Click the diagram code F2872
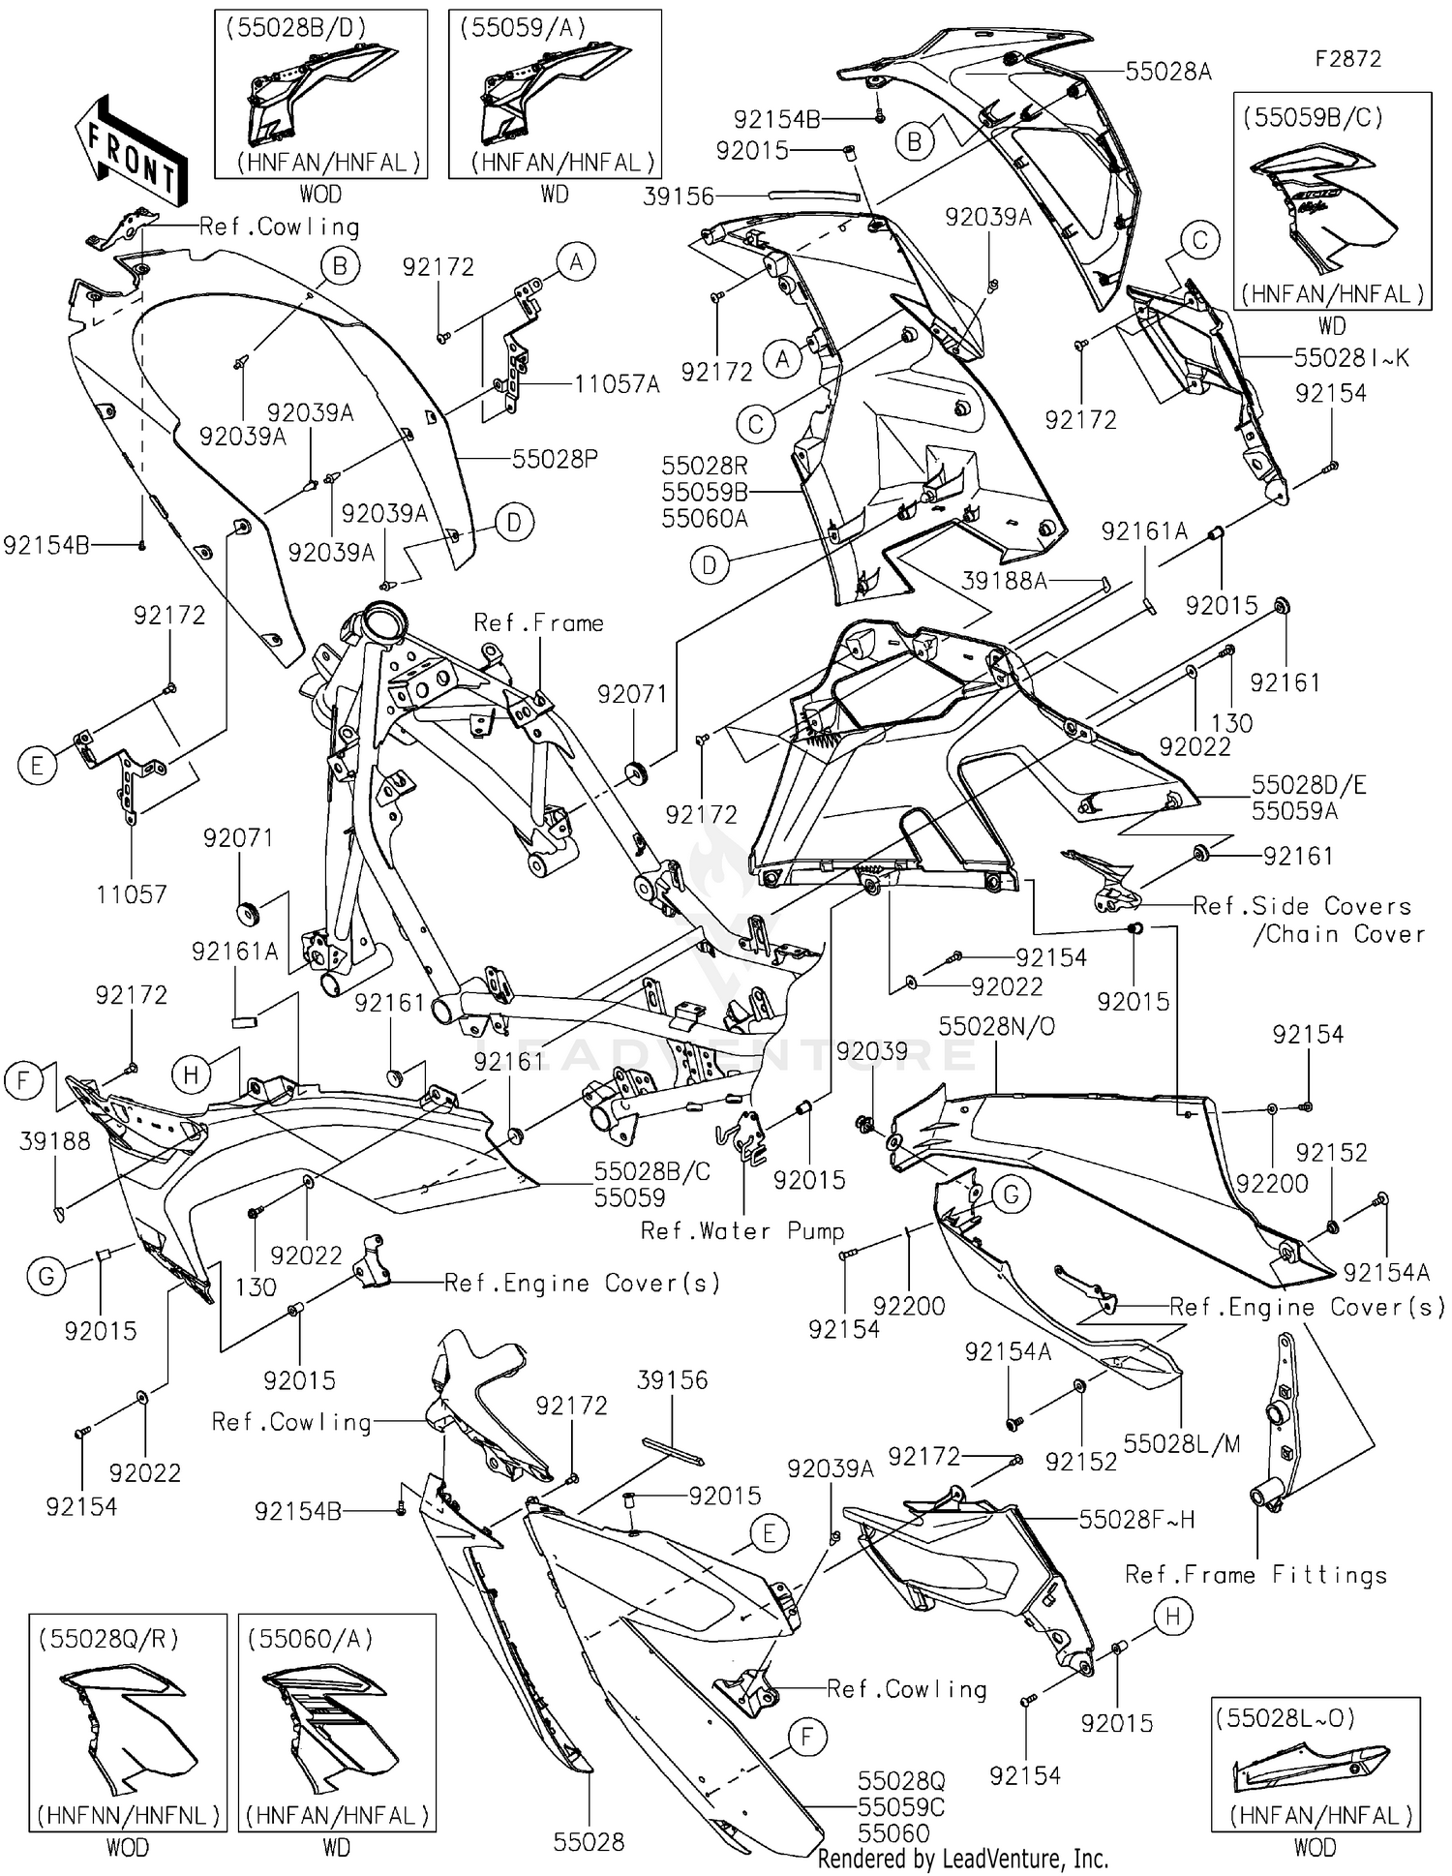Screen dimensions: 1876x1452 pos(1347,59)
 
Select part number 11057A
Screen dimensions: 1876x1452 pos(617,384)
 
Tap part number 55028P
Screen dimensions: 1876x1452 pos(555,459)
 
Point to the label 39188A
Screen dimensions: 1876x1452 pos(1005,581)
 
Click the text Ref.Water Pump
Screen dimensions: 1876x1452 pos(742,1231)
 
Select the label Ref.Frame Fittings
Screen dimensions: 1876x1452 pos(1255,1575)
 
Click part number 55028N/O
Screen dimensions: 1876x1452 pos(997,1026)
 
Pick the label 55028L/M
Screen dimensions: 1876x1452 pos(1182,1444)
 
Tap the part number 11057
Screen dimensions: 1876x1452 pos(132,894)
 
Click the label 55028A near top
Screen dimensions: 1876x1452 pos(1168,72)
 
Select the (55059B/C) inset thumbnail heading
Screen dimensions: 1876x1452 pos(1314,117)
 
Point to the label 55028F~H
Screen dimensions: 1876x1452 pos(1136,1520)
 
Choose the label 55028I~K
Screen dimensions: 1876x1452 pos(1351,358)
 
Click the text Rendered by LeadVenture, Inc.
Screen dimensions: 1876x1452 pos(962,1859)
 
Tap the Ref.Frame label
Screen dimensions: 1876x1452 pos(538,623)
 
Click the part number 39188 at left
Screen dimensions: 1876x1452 pos(55,1141)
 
